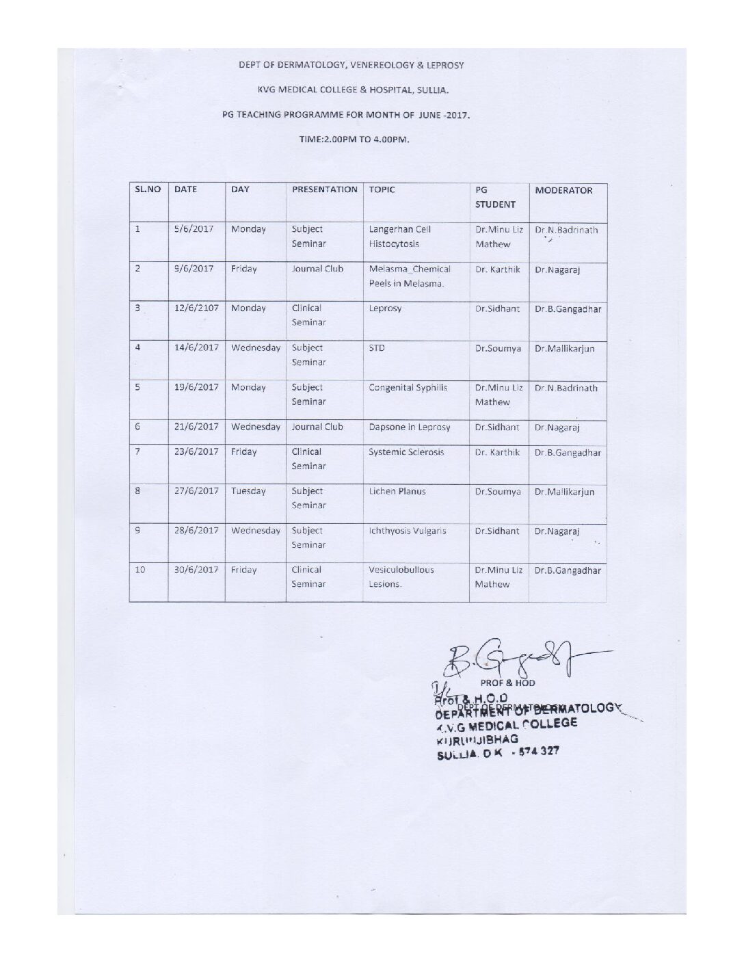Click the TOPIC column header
[382, 190]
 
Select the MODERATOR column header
[563, 191]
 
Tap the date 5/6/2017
[196, 230]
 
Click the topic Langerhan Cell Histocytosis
[400, 237]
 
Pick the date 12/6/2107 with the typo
[196, 308]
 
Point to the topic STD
[377, 348]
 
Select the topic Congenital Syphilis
[408, 388]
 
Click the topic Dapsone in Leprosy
[409, 427]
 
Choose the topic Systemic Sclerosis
[406, 452]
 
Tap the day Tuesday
[248, 491]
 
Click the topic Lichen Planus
[397, 491]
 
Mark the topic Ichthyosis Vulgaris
[407, 531]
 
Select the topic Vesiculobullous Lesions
[401, 577]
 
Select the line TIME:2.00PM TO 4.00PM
[354, 140]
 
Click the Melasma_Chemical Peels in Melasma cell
[409, 276]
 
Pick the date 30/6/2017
[196, 570]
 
